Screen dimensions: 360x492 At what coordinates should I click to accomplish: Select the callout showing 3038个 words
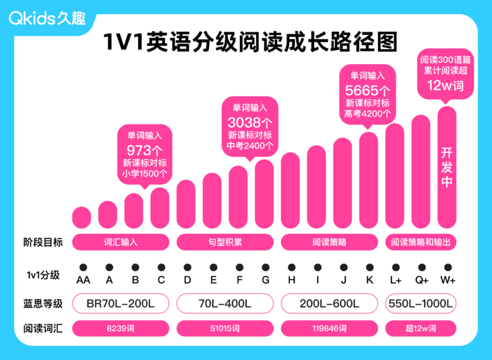point(250,125)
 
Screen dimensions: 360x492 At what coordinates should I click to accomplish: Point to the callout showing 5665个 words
point(367,94)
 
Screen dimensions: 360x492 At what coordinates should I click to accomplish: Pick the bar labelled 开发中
point(447,168)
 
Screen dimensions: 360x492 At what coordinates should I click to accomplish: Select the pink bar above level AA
point(82,217)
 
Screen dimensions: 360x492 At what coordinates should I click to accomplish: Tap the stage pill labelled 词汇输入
point(122,241)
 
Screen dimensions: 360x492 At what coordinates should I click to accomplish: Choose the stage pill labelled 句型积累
point(225,241)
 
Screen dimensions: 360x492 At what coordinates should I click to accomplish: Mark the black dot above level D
point(187,268)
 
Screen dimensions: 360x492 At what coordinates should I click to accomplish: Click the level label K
point(369,280)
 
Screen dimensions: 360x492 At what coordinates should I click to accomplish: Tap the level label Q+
point(421,280)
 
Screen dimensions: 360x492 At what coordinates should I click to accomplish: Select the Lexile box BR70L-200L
point(122,304)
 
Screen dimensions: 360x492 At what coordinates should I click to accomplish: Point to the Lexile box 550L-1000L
point(421,304)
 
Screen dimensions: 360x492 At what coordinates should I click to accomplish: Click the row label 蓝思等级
point(43,304)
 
